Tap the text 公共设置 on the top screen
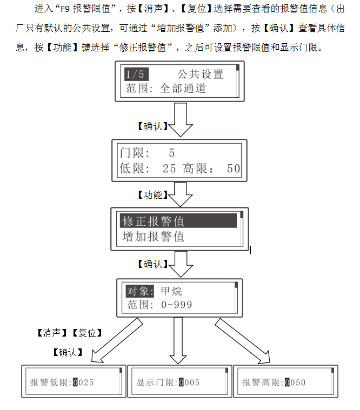coord(200,75)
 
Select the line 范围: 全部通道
coord(166,88)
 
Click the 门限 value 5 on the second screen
coord(171,153)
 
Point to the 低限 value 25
coord(169,169)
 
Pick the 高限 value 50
coord(234,169)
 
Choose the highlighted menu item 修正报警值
coord(154,221)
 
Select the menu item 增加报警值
coord(154,236)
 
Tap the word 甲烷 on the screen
coord(171,291)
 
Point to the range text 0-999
coord(176,305)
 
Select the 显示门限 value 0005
coord(189,382)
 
